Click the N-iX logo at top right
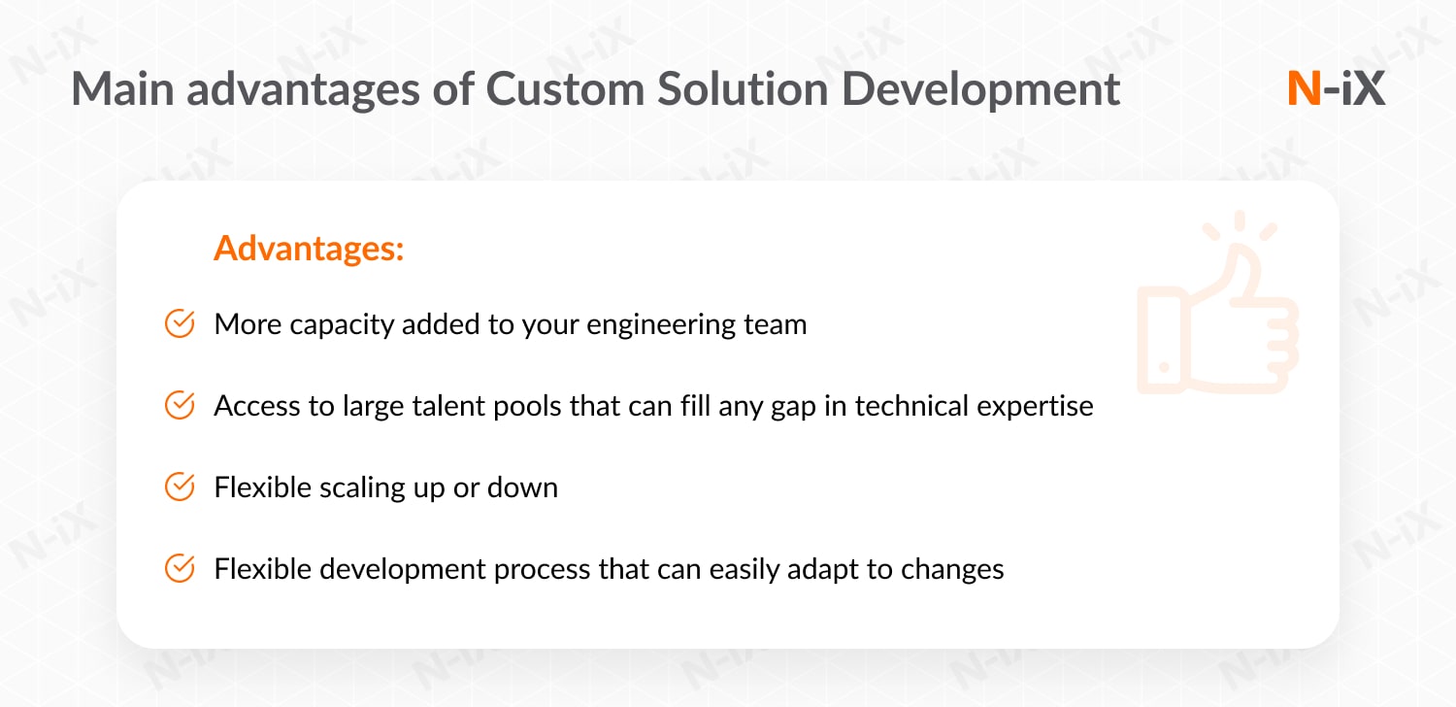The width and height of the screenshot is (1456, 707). [x=1336, y=88]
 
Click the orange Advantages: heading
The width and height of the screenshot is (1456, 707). [x=309, y=249]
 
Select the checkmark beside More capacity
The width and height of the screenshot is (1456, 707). [x=180, y=324]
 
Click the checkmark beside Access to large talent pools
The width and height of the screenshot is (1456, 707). [x=180, y=405]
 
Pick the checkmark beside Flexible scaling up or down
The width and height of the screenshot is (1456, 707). [x=180, y=488]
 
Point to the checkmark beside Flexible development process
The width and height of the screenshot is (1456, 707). [x=180, y=568]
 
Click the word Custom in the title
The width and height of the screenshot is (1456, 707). [x=565, y=89]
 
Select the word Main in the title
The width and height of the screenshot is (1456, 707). [x=123, y=89]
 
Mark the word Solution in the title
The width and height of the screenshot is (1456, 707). [x=743, y=89]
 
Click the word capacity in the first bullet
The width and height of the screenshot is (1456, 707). [x=342, y=325]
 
